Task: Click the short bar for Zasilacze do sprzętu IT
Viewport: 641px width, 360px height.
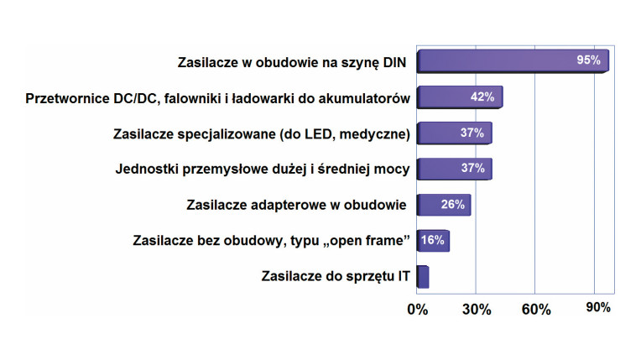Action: pyautogui.click(x=423, y=276)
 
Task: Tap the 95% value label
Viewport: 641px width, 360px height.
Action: pyautogui.click(x=588, y=61)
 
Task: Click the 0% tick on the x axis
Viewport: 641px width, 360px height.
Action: pyautogui.click(x=417, y=309)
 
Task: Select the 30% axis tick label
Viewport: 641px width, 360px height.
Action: pyautogui.click(x=476, y=309)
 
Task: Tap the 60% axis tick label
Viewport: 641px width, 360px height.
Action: pyautogui.click(x=536, y=309)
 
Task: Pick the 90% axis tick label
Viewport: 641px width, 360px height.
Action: pyautogui.click(x=597, y=308)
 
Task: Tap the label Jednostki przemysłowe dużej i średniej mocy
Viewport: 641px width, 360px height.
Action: pyautogui.click(x=263, y=169)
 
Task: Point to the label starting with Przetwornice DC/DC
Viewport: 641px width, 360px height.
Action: pyautogui.click(x=219, y=98)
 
